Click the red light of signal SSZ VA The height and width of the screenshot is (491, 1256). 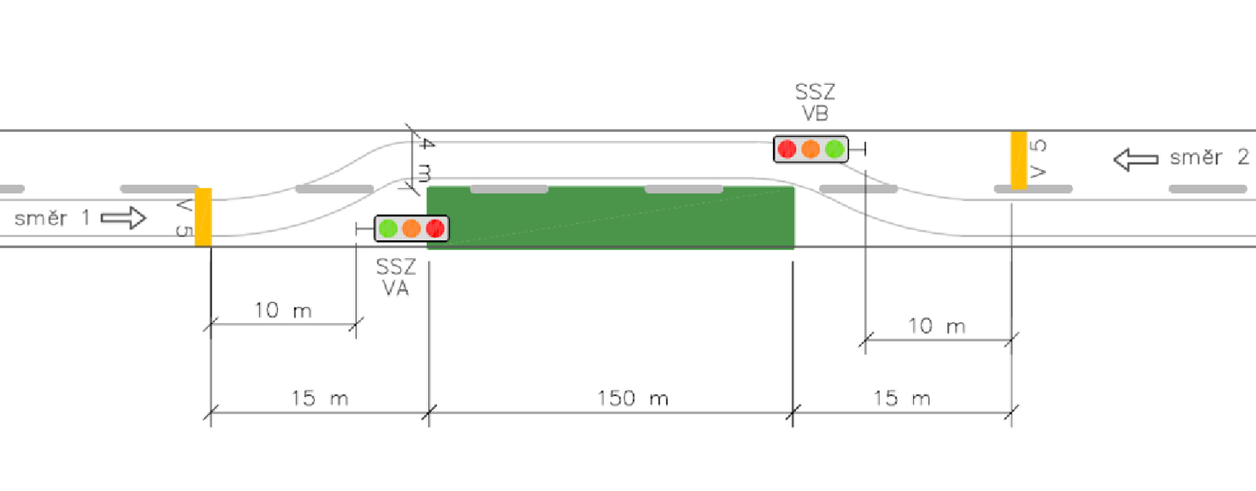pos(435,229)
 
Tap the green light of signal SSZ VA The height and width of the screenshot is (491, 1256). pos(388,229)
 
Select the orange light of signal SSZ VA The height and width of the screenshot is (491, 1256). pos(411,229)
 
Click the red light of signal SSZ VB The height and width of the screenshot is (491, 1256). pos(787,149)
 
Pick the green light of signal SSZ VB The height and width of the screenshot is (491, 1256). pos(834,149)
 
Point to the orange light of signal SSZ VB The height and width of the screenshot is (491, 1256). pos(811,149)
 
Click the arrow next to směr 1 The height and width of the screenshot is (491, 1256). pos(123,218)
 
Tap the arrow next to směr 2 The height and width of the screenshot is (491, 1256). pos(1136,160)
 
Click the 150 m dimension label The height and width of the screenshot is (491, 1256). pos(633,398)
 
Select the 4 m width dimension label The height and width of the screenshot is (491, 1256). pos(425,160)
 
